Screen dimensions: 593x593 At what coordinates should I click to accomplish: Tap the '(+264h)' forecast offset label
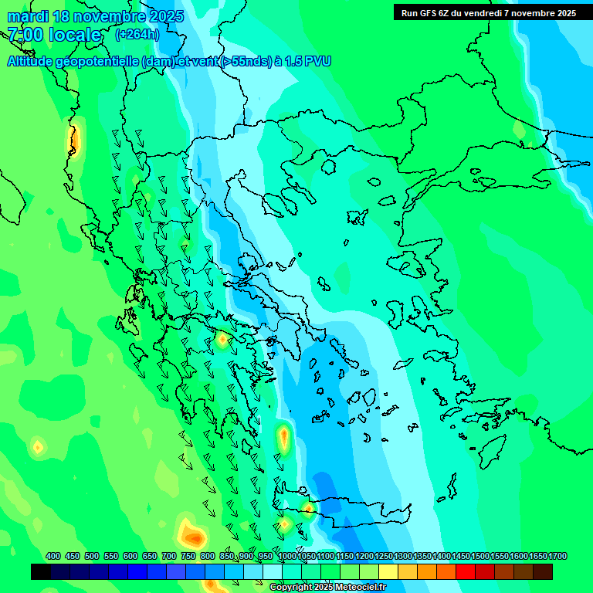pos(137,34)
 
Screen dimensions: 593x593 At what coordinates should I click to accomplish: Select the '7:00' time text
pos(25,35)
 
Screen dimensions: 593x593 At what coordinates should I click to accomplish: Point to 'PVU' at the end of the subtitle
pos(317,62)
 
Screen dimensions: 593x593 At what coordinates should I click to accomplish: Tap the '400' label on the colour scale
pos(53,556)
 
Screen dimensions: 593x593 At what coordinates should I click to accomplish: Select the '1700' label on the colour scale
pos(557,556)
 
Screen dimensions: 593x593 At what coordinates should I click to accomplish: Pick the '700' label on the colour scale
pos(169,556)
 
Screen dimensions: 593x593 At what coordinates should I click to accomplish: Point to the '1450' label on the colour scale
pos(460,556)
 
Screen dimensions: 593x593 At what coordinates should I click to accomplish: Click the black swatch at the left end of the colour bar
pos(41,572)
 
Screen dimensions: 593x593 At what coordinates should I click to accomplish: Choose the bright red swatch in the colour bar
pos(466,572)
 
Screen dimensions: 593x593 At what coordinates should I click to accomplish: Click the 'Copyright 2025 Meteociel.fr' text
pos(327,588)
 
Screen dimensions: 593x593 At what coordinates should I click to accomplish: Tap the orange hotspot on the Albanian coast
pos(75,141)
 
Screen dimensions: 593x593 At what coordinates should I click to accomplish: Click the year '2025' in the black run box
pos(562,13)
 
